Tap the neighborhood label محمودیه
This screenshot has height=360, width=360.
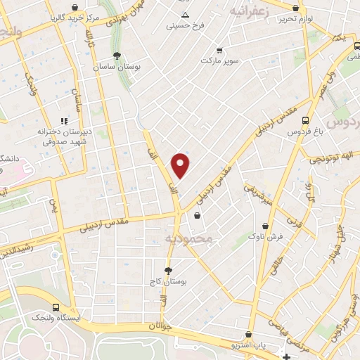pos(188,240)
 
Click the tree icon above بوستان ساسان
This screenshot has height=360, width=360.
pos(117,55)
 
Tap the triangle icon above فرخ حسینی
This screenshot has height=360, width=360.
pos(185,15)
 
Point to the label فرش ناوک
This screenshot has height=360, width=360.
pos(265,238)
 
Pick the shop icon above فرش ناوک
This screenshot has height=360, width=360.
pos(265,226)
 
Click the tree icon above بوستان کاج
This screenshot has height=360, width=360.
pos(168,270)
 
